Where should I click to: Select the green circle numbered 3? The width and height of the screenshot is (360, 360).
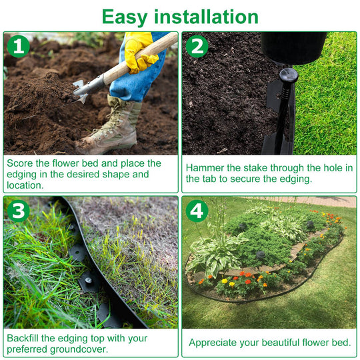click(x=18, y=211)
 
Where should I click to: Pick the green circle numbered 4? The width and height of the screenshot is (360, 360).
click(x=197, y=211)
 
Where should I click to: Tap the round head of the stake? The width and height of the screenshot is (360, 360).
click(x=287, y=73)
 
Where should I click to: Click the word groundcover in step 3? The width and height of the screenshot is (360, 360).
click(x=84, y=349)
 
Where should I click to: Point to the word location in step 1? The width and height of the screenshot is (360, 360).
click(x=25, y=186)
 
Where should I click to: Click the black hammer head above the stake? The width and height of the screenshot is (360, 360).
click(x=293, y=46)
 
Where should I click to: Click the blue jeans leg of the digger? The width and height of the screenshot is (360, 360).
click(x=130, y=83)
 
